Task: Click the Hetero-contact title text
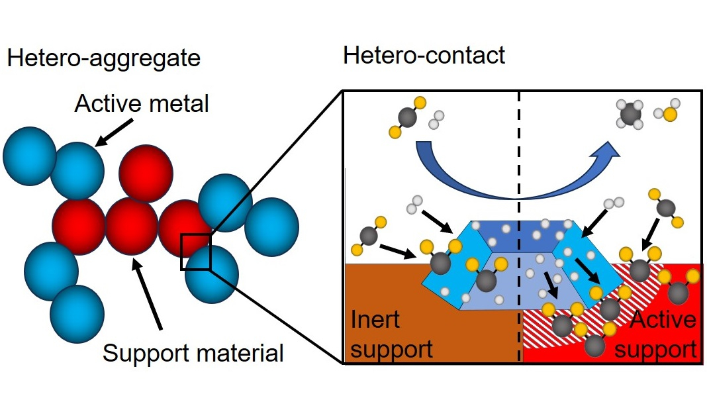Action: click(424, 55)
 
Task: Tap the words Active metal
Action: click(142, 104)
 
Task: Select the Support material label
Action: click(193, 352)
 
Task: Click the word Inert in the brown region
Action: click(375, 320)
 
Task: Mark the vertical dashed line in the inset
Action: click(518, 146)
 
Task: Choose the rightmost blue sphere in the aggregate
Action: click(271, 225)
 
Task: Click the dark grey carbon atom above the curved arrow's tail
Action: click(409, 118)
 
